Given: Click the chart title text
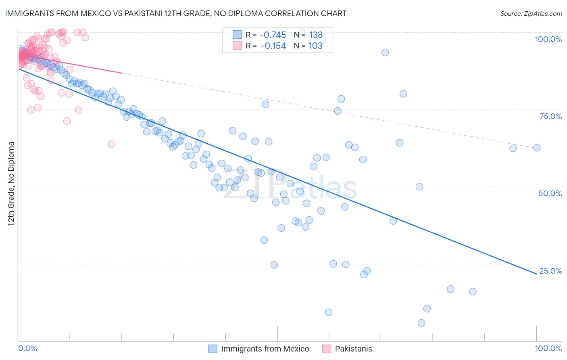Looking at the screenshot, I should pyautogui.click(x=176, y=13).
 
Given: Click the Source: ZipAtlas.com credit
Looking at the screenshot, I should pyautogui.click(x=531, y=13).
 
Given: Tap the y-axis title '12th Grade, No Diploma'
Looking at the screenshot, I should pyautogui.click(x=11, y=184).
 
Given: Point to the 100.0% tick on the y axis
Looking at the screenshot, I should pyautogui.click(x=548, y=39).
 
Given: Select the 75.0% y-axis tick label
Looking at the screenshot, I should pyautogui.click(x=550, y=116).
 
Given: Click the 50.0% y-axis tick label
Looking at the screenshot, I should pyautogui.click(x=550, y=193).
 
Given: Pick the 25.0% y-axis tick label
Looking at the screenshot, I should pyautogui.click(x=550, y=271).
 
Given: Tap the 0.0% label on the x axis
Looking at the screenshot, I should pyautogui.click(x=27, y=348).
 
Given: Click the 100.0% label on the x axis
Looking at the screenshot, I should pyautogui.click(x=548, y=348).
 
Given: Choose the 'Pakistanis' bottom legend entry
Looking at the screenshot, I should pyautogui.click(x=353, y=349).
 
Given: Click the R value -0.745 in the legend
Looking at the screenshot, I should pyautogui.click(x=273, y=35).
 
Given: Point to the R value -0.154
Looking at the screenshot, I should pyautogui.click(x=273, y=46).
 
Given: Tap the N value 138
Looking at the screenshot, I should pyautogui.click(x=316, y=35).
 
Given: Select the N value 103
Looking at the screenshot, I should pyautogui.click(x=316, y=46).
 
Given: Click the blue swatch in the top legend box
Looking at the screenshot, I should pyautogui.click(x=237, y=35).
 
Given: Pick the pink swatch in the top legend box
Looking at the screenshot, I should pyautogui.click(x=237, y=46).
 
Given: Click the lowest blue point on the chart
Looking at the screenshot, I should pyautogui.click(x=421, y=323).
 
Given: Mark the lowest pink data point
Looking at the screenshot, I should pyautogui.click(x=111, y=144).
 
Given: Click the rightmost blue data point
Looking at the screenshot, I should pyautogui.click(x=537, y=148).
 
